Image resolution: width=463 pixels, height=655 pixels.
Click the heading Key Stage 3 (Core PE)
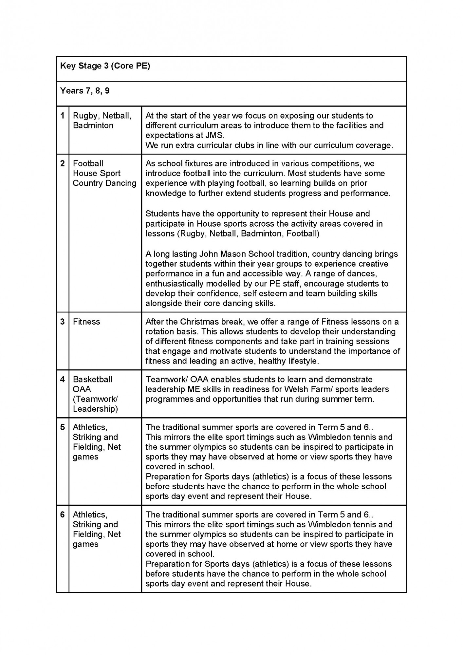[x=105, y=66]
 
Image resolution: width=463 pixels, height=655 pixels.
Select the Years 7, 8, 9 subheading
[x=85, y=91]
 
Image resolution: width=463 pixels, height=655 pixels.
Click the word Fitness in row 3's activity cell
[x=86, y=322]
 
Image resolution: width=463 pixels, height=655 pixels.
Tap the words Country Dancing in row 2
[x=104, y=183]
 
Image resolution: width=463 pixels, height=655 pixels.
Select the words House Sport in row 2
[x=97, y=173]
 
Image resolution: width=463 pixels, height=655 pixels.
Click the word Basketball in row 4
[x=92, y=379]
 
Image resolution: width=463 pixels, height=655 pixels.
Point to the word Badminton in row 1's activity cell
[x=93, y=125]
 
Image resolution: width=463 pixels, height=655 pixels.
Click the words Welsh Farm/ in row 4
[x=308, y=389]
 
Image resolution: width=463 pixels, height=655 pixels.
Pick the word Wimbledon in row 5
[x=328, y=437]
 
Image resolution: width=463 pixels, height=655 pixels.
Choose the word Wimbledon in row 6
[x=328, y=524]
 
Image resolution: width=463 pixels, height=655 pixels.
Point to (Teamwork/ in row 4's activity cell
[x=95, y=399]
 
